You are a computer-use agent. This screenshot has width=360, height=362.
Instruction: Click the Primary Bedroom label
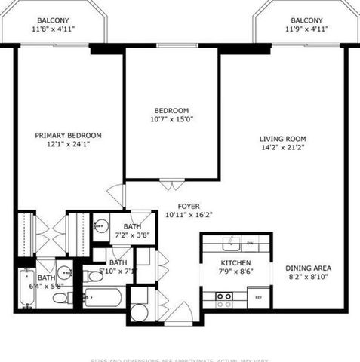[x=68, y=136]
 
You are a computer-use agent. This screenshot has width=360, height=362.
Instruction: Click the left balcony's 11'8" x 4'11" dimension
[x=53, y=30]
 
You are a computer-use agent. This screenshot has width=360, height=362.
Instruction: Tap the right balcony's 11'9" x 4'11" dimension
[x=306, y=30]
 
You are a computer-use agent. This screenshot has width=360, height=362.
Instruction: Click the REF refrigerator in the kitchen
[x=258, y=297]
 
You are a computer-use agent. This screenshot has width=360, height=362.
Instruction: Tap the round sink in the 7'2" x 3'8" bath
[x=101, y=225]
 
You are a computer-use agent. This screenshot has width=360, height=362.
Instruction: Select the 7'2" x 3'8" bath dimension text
[x=133, y=235]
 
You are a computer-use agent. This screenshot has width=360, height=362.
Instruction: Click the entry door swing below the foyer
[x=181, y=311]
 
